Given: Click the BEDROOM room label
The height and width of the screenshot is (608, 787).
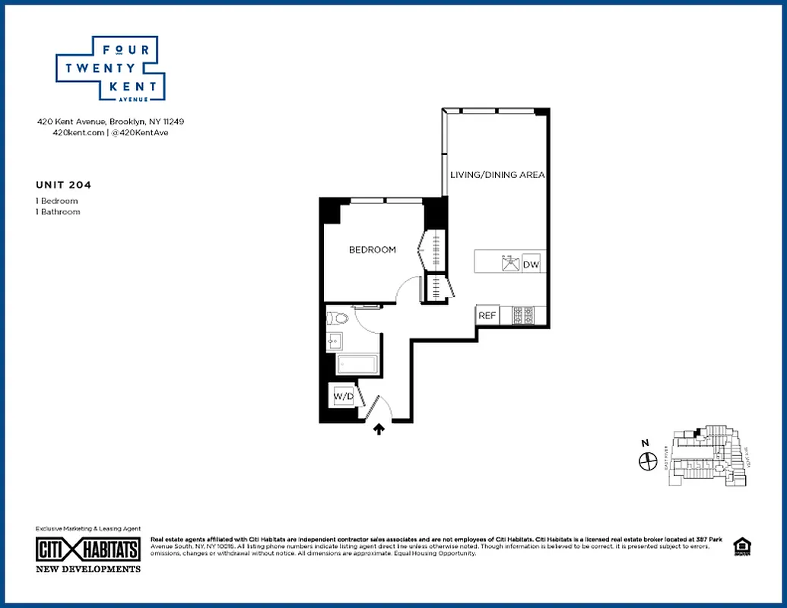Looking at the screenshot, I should tap(372, 249).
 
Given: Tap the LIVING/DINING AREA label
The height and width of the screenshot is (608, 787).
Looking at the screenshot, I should tap(497, 175).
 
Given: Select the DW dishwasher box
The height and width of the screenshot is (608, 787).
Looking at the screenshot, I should tap(532, 264).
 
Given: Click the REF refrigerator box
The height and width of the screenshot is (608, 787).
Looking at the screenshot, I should tap(487, 315).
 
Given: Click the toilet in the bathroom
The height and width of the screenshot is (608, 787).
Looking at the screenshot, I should tap(338, 318).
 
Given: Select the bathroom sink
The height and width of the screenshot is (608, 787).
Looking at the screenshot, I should tap(332, 343).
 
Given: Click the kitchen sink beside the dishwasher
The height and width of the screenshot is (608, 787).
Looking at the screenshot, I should tap(509, 264).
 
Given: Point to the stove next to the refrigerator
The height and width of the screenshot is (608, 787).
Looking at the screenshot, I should tap(522, 315).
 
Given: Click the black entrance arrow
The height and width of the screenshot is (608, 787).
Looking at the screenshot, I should tap(379, 429).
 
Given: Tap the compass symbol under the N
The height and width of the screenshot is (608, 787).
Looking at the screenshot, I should tap(648, 461).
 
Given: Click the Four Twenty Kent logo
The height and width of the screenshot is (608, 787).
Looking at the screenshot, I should tap(111, 68).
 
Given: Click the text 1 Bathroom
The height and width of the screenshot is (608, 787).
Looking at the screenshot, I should tap(58, 212).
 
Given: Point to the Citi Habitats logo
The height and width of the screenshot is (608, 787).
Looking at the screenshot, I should tap(88, 549).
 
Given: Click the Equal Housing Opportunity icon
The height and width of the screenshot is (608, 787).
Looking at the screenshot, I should tap(740, 546).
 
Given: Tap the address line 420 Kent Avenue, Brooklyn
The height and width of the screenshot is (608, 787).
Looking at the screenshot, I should tap(111, 122).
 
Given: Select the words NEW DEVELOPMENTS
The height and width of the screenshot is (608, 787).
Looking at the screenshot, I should tap(88, 568).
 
